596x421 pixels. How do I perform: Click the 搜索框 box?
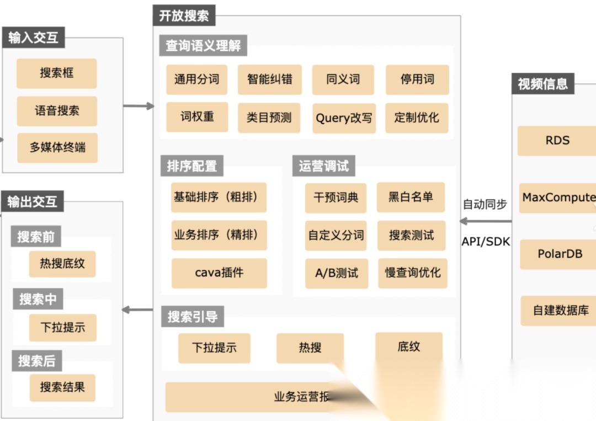[56, 73]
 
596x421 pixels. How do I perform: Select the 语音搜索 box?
[57, 111]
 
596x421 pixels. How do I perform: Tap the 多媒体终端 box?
[57, 148]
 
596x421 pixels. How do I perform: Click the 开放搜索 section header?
[184, 15]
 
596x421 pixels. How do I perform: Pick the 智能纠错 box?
[269, 79]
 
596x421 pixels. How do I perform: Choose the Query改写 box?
[344, 118]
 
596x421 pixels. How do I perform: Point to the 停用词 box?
[417, 79]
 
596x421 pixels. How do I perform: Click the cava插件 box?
[219, 273]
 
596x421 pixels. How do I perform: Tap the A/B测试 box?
[337, 273]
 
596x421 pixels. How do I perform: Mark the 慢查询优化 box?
[412, 273]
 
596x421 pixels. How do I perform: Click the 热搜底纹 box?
[62, 263]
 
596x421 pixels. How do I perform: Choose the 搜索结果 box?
[62, 387]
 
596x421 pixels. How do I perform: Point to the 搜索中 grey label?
[38, 299]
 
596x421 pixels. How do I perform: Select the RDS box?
[557, 141]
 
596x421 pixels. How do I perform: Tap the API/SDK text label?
[486, 242]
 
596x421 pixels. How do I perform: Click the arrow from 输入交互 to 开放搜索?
[139, 105]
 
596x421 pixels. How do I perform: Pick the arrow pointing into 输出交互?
[137, 310]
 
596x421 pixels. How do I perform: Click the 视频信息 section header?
[542, 84]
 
